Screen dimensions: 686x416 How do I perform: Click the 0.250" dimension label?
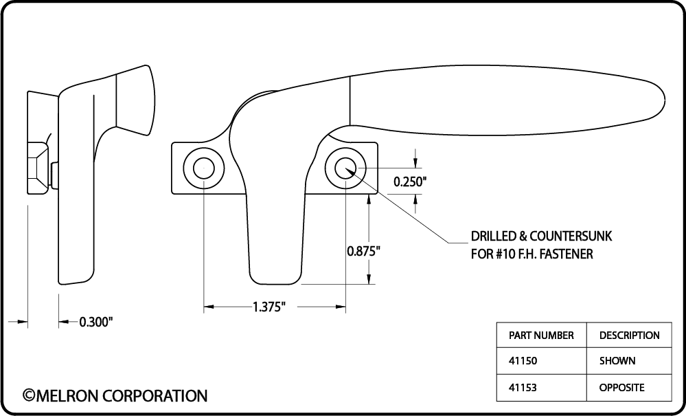click(409, 182)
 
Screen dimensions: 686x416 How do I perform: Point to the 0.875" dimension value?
click(363, 251)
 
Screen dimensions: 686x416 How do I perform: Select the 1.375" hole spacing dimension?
click(269, 307)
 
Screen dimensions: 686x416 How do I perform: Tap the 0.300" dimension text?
click(96, 322)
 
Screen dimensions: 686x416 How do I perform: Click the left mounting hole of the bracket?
click(203, 168)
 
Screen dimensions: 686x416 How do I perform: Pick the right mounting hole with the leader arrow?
click(345, 168)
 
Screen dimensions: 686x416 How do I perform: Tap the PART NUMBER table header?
click(541, 336)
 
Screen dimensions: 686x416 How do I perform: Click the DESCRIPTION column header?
click(629, 336)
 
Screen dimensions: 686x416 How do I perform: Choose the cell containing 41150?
click(541, 361)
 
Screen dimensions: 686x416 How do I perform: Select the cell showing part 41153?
click(541, 388)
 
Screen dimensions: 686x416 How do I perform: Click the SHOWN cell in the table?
click(629, 361)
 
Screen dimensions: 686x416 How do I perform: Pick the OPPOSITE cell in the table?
click(629, 388)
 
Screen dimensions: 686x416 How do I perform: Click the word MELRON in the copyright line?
click(67, 395)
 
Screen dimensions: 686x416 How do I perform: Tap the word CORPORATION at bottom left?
click(155, 395)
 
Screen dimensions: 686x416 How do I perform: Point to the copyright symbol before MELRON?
click(29, 395)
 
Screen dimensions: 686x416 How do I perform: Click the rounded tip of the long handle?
click(665, 99)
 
